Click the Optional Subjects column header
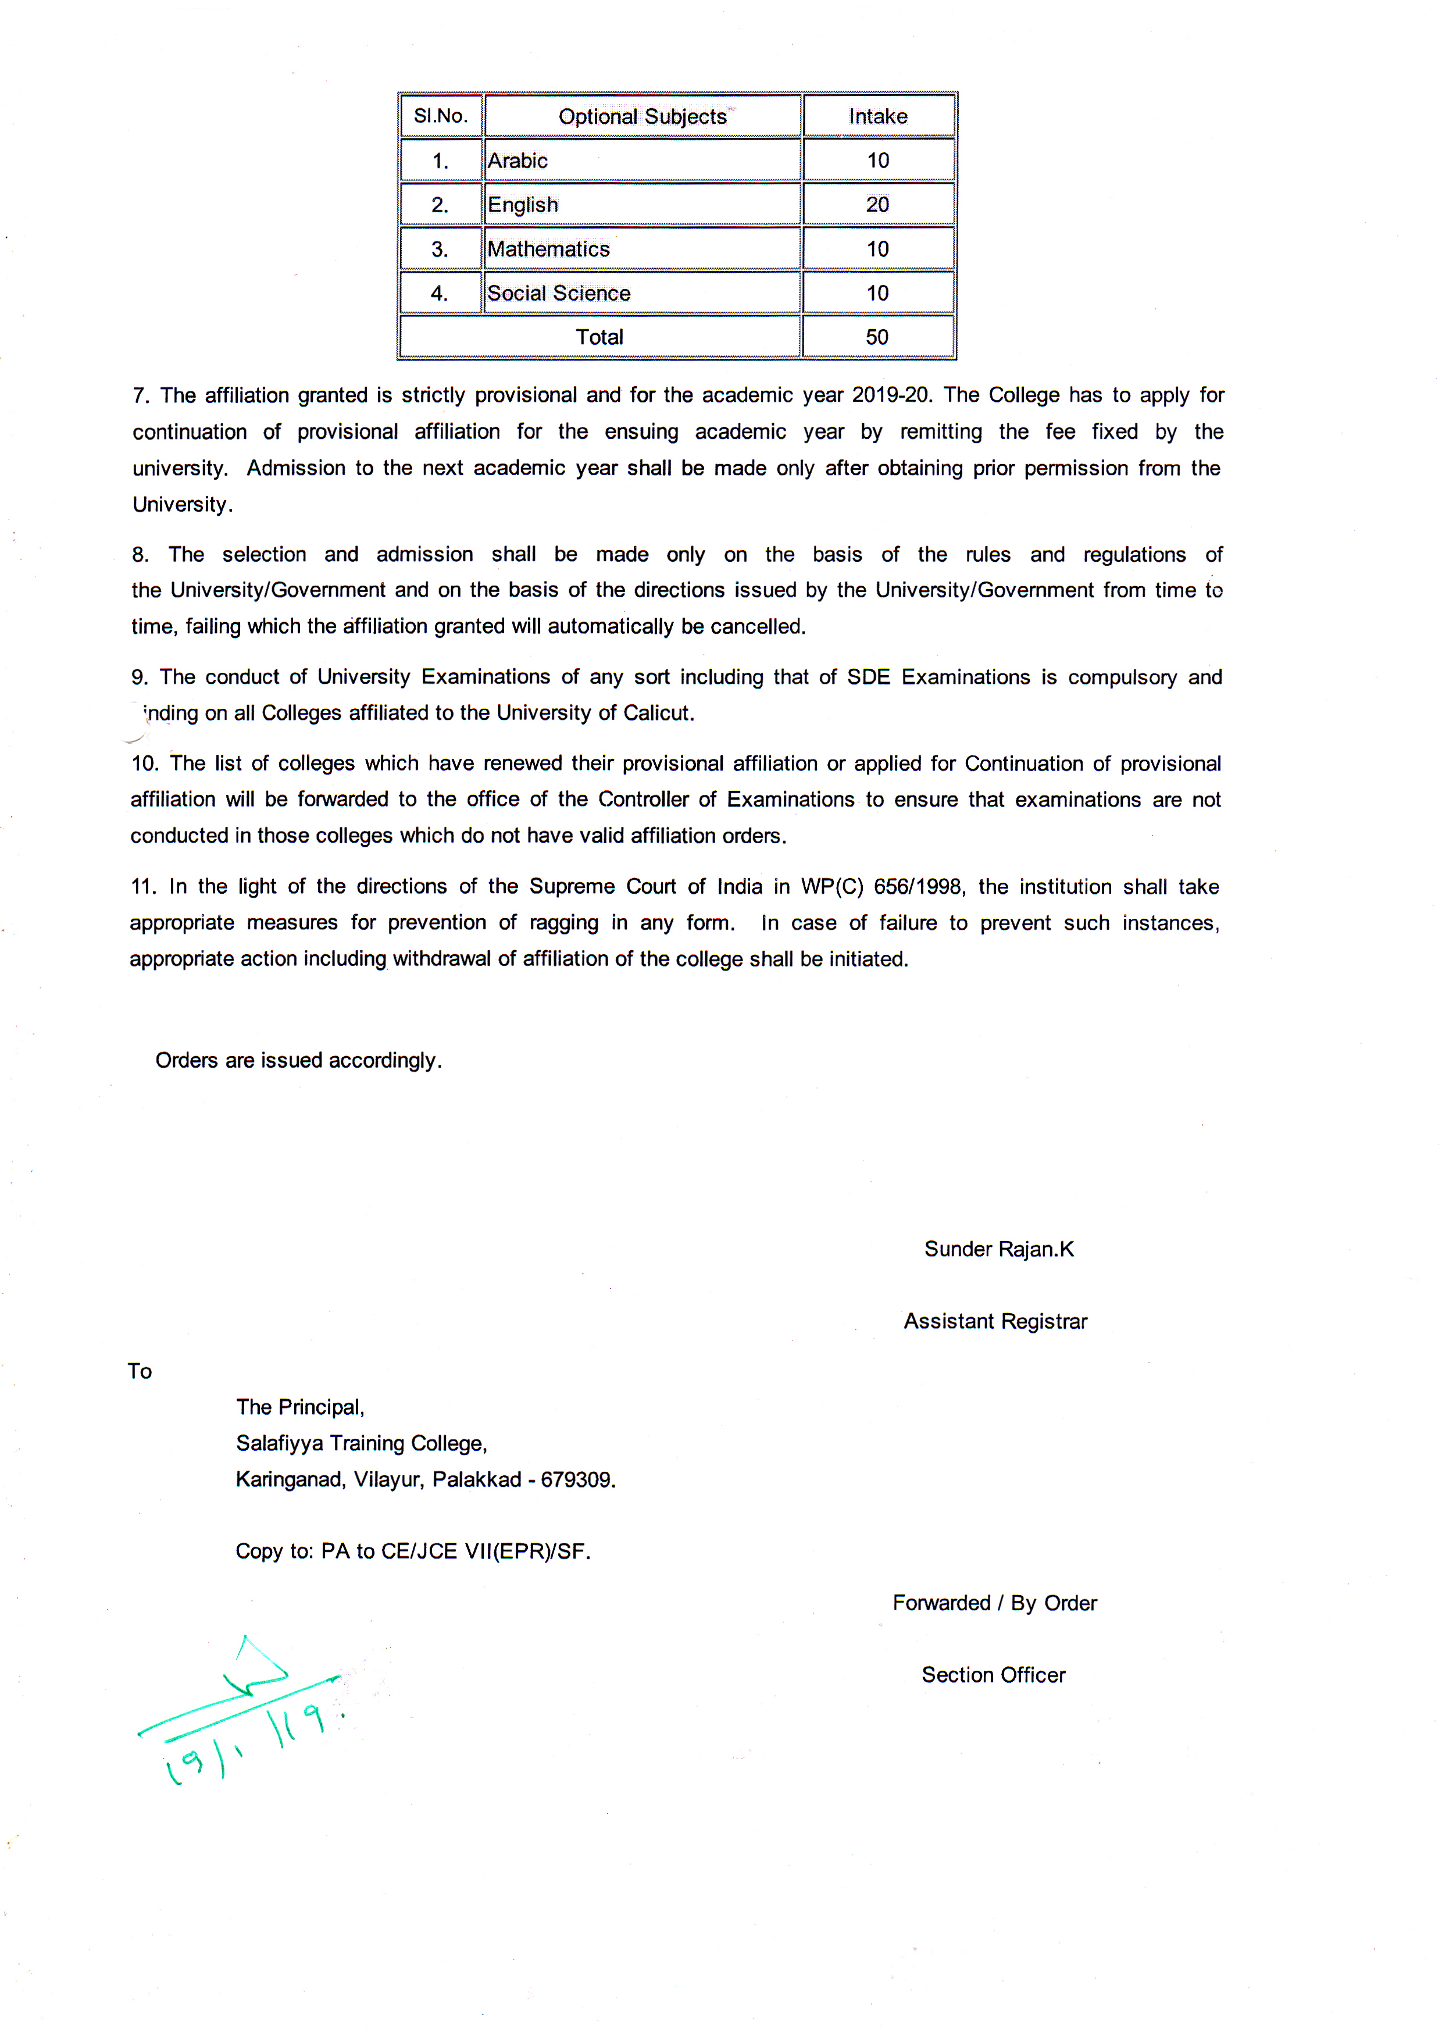click(x=643, y=116)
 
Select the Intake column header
click(x=878, y=116)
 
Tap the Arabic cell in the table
click(x=518, y=161)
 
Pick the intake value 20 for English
click(x=878, y=204)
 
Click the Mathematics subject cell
click(x=548, y=249)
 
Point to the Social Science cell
click(x=559, y=293)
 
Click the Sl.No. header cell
click(x=441, y=116)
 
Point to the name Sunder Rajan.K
click(x=999, y=1249)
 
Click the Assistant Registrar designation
click(x=995, y=1321)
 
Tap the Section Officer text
click(x=993, y=1675)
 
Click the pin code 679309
click(x=577, y=1479)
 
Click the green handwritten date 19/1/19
click(x=253, y=1742)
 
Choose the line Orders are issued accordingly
click(x=298, y=1060)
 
